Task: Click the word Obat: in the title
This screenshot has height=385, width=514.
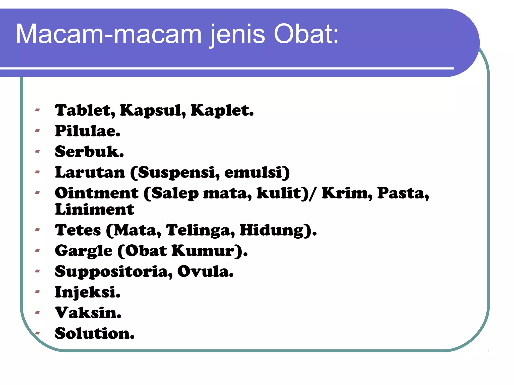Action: coord(306,34)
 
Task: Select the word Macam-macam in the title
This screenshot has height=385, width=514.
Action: coord(109,34)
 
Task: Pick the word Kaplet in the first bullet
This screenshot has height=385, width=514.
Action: coord(222,111)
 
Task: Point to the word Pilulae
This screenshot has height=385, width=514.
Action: coord(88,131)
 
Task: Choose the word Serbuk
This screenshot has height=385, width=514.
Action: coord(89,152)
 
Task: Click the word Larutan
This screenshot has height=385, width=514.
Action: coord(90,172)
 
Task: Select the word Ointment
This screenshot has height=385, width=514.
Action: coord(97,193)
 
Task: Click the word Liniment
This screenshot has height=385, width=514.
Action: coord(94,209)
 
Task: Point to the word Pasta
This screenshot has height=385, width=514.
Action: coord(403,193)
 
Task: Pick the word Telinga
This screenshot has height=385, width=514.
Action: coord(200,230)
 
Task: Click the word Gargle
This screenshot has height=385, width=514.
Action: coord(84,251)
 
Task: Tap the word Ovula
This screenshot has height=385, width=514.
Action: coord(205,271)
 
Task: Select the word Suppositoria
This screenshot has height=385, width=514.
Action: coord(114,272)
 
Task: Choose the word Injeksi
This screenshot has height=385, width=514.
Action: coord(88,292)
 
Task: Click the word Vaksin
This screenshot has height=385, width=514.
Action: coord(88,313)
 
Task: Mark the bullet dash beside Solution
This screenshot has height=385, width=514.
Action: coord(38,333)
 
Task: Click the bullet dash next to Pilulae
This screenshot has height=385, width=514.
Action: coord(38,130)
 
